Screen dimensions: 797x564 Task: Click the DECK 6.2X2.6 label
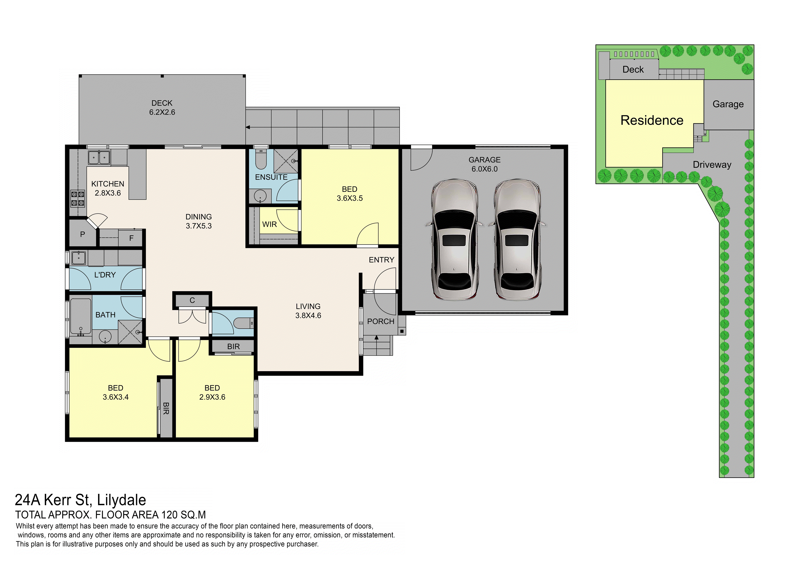pyautogui.click(x=162, y=108)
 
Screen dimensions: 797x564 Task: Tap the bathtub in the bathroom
pyautogui.click(x=81, y=316)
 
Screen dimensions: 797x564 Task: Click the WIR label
pyautogui.click(x=270, y=224)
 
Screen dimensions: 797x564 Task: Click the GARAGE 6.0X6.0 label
pyautogui.click(x=485, y=164)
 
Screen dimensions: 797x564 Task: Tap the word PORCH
pyautogui.click(x=381, y=321)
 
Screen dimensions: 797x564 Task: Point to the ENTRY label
pyautogui.click(x=382, y=260)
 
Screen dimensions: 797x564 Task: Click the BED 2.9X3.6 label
pyautogui.click(x=212, y=392)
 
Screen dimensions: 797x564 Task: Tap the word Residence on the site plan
pyautogui.click(x=652, y=120)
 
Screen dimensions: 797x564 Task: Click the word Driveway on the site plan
pyautogui.click(x=712, y=165)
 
